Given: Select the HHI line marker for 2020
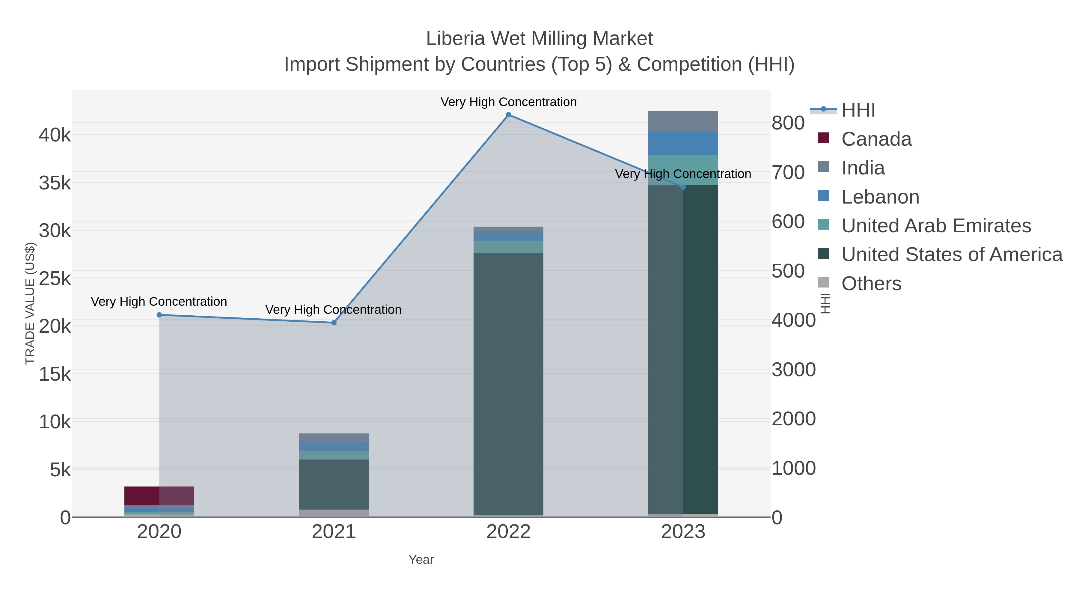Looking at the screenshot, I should (159, 315).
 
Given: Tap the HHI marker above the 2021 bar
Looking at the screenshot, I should (334, 323).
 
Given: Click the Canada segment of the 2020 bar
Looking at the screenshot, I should (159, 496).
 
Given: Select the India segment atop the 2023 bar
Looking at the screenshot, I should (683, 121).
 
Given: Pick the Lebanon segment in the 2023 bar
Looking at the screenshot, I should (683, 143).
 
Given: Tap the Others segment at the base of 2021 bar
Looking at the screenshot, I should (334, 513).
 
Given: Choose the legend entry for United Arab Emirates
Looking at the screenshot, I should (936, 226).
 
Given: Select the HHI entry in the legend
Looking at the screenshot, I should (858, 110).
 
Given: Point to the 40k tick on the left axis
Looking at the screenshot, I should (55, 135).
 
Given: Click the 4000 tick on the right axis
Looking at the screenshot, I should (793, 320).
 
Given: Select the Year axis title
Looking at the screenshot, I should (421, 560).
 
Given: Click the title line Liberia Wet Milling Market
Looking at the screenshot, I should (539, 39).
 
